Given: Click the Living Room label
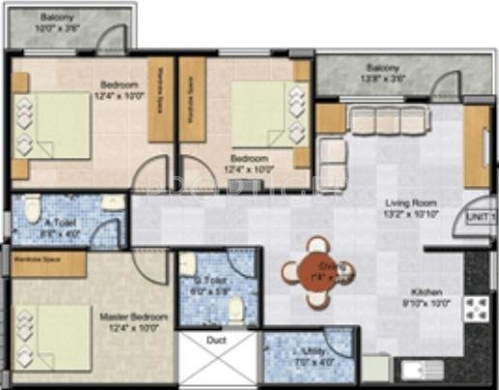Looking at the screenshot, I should click(406, 208).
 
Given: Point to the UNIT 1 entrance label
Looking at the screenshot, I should click(482, 220).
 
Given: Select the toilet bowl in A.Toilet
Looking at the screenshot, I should click(32, 210).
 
